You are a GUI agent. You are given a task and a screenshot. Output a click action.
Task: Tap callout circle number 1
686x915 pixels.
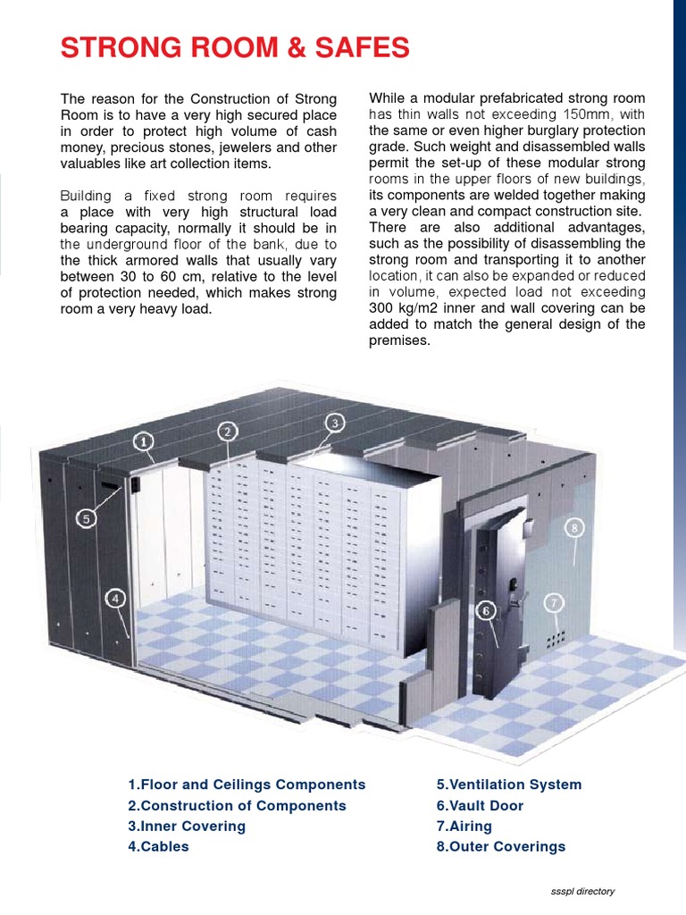(x=144, y=440)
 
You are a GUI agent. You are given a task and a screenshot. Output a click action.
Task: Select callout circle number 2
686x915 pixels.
(x=228, y=432)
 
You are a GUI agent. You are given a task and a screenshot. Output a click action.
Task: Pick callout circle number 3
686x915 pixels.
(x=334, y=423)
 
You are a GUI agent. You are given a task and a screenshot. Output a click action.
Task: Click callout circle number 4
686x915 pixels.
(x=115, y=600)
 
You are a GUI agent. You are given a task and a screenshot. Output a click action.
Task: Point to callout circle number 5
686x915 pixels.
(x=86, y=518)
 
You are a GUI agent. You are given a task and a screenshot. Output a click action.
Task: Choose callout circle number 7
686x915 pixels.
(x=555, y=603)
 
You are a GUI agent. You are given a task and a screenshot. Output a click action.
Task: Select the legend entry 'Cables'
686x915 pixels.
(x=158, y=846)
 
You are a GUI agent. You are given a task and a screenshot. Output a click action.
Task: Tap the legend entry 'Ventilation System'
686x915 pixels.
(x=508, y=785)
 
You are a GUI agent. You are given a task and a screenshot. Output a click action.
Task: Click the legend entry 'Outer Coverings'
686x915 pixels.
(x=500, y=846)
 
